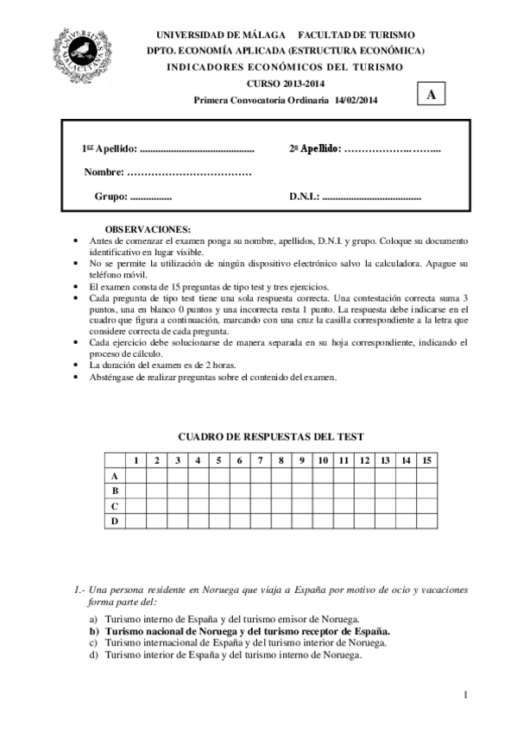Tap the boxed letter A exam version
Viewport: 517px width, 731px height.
(x=430, y=95)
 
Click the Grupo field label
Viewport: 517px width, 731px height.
(x=110, y=197)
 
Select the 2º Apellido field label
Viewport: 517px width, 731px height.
(x=315, y=148)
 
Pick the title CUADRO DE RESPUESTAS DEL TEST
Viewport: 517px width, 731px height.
(x=270, y=437)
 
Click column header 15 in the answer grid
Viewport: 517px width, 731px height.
(x=426, y=460)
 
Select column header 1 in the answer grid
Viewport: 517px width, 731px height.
(x=136, y=460)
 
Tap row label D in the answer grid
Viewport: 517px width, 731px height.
(x=115, y=522)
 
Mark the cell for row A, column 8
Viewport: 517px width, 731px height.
(x=281, y=476)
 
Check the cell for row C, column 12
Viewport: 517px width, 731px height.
(x=364, y=506)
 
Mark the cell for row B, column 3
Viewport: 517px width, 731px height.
(x=177, y=490)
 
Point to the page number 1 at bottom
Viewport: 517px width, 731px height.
(x=464, y=695)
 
